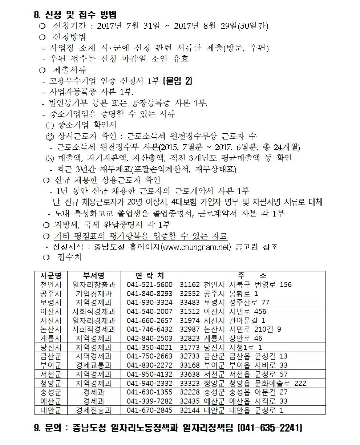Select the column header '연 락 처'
(x=149, y=276)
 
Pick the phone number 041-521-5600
(x=149, y=284)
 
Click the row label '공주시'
(x=51, y=294)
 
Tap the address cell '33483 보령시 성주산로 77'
(x=225, y=302)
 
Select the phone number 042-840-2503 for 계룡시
(x=149, y=338)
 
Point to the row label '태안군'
(x=51, y=410)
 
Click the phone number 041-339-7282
(x=149, y=401)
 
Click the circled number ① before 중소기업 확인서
(x=50, y=125)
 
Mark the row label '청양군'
(x=51, y=383)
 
